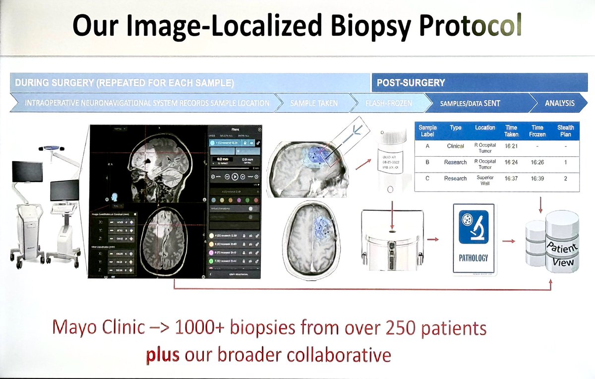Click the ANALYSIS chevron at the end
(559, 103)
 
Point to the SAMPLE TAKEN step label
(314, 103)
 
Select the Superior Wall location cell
(485, 178)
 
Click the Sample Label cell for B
(427, 162)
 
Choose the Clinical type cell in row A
(456, 146)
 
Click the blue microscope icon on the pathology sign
(474, 227)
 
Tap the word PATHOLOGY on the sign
(474, 258)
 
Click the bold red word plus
(162, 355)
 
